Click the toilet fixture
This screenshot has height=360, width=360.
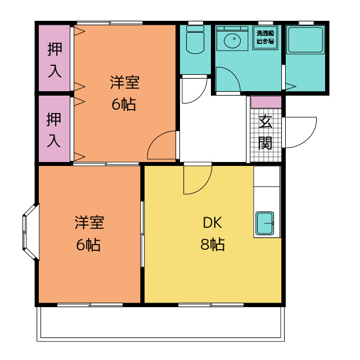(x=195, y=40)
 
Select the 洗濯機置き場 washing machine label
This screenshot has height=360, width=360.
(x=265, y=37)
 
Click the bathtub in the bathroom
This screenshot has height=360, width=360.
(x=305, y=40)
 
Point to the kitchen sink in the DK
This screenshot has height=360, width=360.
(x=265, y=223)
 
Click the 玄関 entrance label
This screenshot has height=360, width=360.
(x=265, y=133)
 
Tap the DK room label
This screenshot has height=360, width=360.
(x=213, y=223)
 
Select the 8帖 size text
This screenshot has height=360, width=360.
(x=213, y=244)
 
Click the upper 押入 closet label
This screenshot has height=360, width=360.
(x=55, y=60)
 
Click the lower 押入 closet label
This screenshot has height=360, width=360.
(x=54, y=130)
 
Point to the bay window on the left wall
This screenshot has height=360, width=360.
(x=30, y=232)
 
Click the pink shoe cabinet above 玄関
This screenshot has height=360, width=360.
(x=266, y=102)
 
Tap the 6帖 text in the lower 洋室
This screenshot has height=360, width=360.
(x=88, y=245)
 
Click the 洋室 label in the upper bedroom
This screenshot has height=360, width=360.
(x=125, y=83)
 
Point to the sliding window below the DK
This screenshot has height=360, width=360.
(x=211, y=305)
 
